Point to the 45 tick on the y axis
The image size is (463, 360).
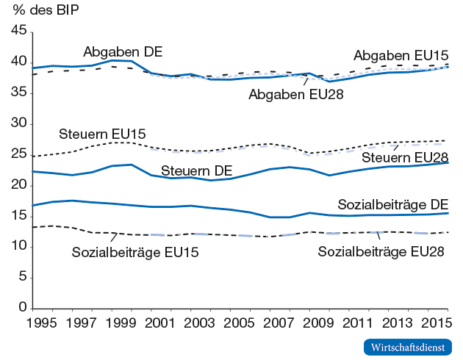(19, 31)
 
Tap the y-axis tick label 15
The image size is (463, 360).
(19, 216)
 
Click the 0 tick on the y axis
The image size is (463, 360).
(23, 308)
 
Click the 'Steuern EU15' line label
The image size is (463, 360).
(102, 134)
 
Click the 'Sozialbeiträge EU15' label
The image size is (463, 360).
(136, 253)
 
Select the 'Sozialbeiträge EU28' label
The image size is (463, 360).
(381, 252)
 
